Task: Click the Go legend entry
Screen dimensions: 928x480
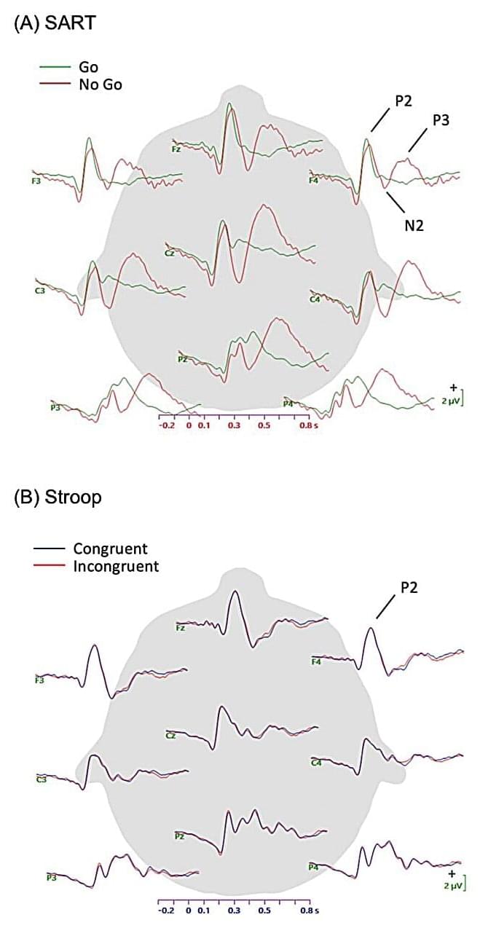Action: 88,67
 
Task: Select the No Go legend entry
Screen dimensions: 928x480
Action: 100,84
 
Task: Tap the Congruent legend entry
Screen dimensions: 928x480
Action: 109,548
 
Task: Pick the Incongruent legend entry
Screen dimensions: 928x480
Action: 115,566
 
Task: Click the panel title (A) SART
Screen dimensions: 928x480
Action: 55,23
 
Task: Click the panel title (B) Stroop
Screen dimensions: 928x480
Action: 58,498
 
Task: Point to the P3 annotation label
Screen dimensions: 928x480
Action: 441,121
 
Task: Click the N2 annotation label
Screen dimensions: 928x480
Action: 414,226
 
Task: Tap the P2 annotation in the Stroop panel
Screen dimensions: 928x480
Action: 409,587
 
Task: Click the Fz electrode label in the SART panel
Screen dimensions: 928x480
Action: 176,149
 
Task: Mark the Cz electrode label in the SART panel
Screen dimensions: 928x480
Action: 169,253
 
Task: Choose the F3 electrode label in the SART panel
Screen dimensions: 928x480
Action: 36,180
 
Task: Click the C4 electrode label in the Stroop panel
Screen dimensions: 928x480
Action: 316,763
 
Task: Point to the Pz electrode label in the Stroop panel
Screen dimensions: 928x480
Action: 179,836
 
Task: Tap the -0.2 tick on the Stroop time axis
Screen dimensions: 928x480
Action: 166,911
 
